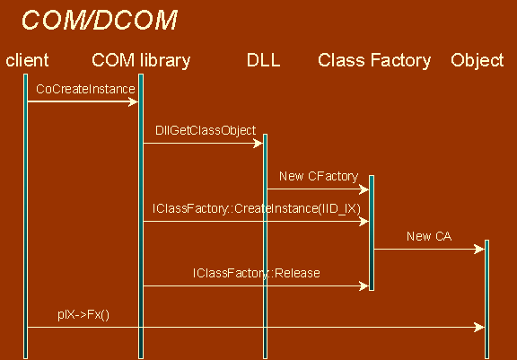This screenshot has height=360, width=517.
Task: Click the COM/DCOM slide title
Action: (100, 20)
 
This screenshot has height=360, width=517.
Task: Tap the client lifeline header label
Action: (27, 61)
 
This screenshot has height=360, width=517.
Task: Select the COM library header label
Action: (141, 61)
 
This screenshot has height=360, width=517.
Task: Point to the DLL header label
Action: (264, 60)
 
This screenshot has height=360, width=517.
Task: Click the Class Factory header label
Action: (374, 61)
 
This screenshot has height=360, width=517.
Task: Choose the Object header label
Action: (478, 61)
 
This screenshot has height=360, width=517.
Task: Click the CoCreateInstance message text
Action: (85, 89)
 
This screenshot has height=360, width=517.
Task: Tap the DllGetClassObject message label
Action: (206, 130)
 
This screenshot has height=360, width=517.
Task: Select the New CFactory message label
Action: (319, 176)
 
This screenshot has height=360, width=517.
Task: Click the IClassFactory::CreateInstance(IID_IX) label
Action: (257, 208)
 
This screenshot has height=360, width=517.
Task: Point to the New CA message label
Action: (429, 236)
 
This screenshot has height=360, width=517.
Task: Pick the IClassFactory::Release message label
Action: (257, 273)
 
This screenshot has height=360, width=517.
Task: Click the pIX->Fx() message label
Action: (83, 315)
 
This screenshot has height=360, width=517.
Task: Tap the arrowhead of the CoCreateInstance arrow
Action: (133, 101)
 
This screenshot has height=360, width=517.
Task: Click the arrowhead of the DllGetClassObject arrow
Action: (258, 143)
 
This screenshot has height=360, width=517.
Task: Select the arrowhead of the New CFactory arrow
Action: (364, 189)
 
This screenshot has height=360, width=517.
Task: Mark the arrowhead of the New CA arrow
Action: (479, 249)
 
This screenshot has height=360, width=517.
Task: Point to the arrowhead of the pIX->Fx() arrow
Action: (479, 328)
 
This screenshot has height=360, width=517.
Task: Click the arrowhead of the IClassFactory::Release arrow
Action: (364, 285)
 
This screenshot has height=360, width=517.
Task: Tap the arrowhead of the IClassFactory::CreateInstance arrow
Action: (364, 221)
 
